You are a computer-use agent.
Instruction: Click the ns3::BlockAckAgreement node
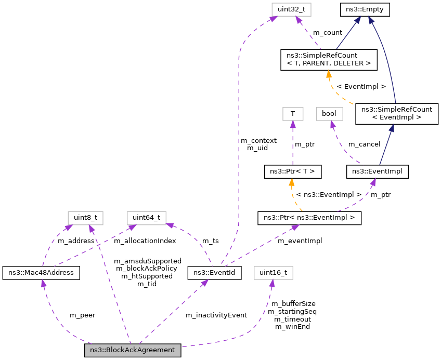[x=133, y=350]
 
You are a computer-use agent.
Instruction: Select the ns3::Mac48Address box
[x=41, y=272]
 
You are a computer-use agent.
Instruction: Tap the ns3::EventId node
[x=214, y=272]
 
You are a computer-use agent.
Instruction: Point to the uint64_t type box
[x=146, y=217]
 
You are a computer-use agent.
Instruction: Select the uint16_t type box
[x=274, y=272]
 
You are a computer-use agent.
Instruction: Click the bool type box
[x=329, y=113]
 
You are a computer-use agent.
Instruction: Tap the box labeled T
[x=292, y=113]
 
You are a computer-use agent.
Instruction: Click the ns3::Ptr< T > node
[x=292, y=170]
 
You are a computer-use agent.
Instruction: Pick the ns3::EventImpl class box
[x=378, y=170]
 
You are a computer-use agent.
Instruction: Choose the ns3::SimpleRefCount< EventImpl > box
[x=397, y=113]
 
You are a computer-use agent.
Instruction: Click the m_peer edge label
[x=82, y=315]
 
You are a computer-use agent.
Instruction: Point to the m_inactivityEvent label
[x=216, y=315]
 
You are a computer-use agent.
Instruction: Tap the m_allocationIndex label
[x=145, y=241]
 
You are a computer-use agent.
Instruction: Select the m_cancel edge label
[x=364, y=144]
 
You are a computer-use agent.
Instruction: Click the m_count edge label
[x=328, y=33]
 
